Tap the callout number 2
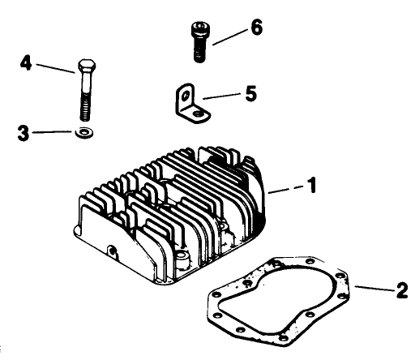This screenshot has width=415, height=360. click(x=402, y=289)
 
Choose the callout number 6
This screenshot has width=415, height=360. click(x=256, y=28)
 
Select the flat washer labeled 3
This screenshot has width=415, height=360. click(x=84, y=132)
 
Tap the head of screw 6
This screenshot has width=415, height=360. click(x=198, y=32)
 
